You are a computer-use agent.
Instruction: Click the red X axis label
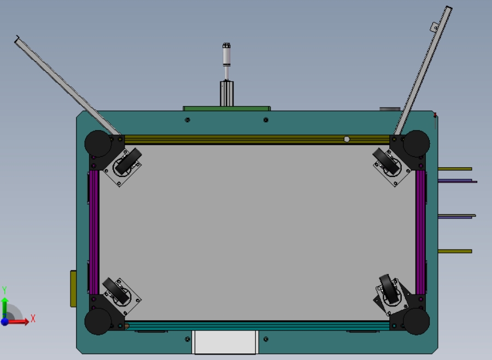click(33, 318)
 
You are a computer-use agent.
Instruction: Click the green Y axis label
click(4, 290)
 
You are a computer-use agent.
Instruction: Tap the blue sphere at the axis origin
click(4, 322)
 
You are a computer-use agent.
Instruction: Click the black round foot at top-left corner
click(98, 143)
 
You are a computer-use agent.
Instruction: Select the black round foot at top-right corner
click(417, 143)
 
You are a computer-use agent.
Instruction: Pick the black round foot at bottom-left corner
click(98, 321)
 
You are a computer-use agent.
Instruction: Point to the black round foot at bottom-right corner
click(417, 321)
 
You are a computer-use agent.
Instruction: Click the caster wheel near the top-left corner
click(128, 162)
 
